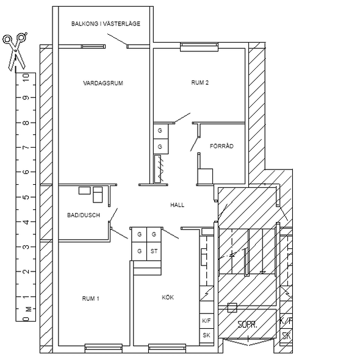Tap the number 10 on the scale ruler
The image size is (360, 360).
click(26, 77)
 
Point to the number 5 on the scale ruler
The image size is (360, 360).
click(26, 197)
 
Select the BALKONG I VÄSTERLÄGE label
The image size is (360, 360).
click(106, 24)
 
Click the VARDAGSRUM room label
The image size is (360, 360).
click(103, 83)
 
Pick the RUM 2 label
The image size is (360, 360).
click(200, 82)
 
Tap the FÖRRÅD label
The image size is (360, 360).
click(221, 146)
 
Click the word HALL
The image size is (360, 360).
click(177, 205)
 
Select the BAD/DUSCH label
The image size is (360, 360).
click(84, 215)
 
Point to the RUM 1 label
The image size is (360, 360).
click(91, 298)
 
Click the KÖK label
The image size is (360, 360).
click(168, 297)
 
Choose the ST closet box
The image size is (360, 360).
click(154, 251)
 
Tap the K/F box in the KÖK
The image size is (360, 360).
click(206, 321)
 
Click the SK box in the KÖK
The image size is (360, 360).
click(206, 336)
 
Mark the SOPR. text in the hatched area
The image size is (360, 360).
click(247, 325)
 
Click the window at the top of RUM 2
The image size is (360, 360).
click(199, 47)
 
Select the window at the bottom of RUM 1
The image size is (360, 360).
click(104, 348)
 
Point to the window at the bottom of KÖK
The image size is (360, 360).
click(167, 348)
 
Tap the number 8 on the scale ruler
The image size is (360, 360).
click(26, 123)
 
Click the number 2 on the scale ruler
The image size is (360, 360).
click(26, 272)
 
